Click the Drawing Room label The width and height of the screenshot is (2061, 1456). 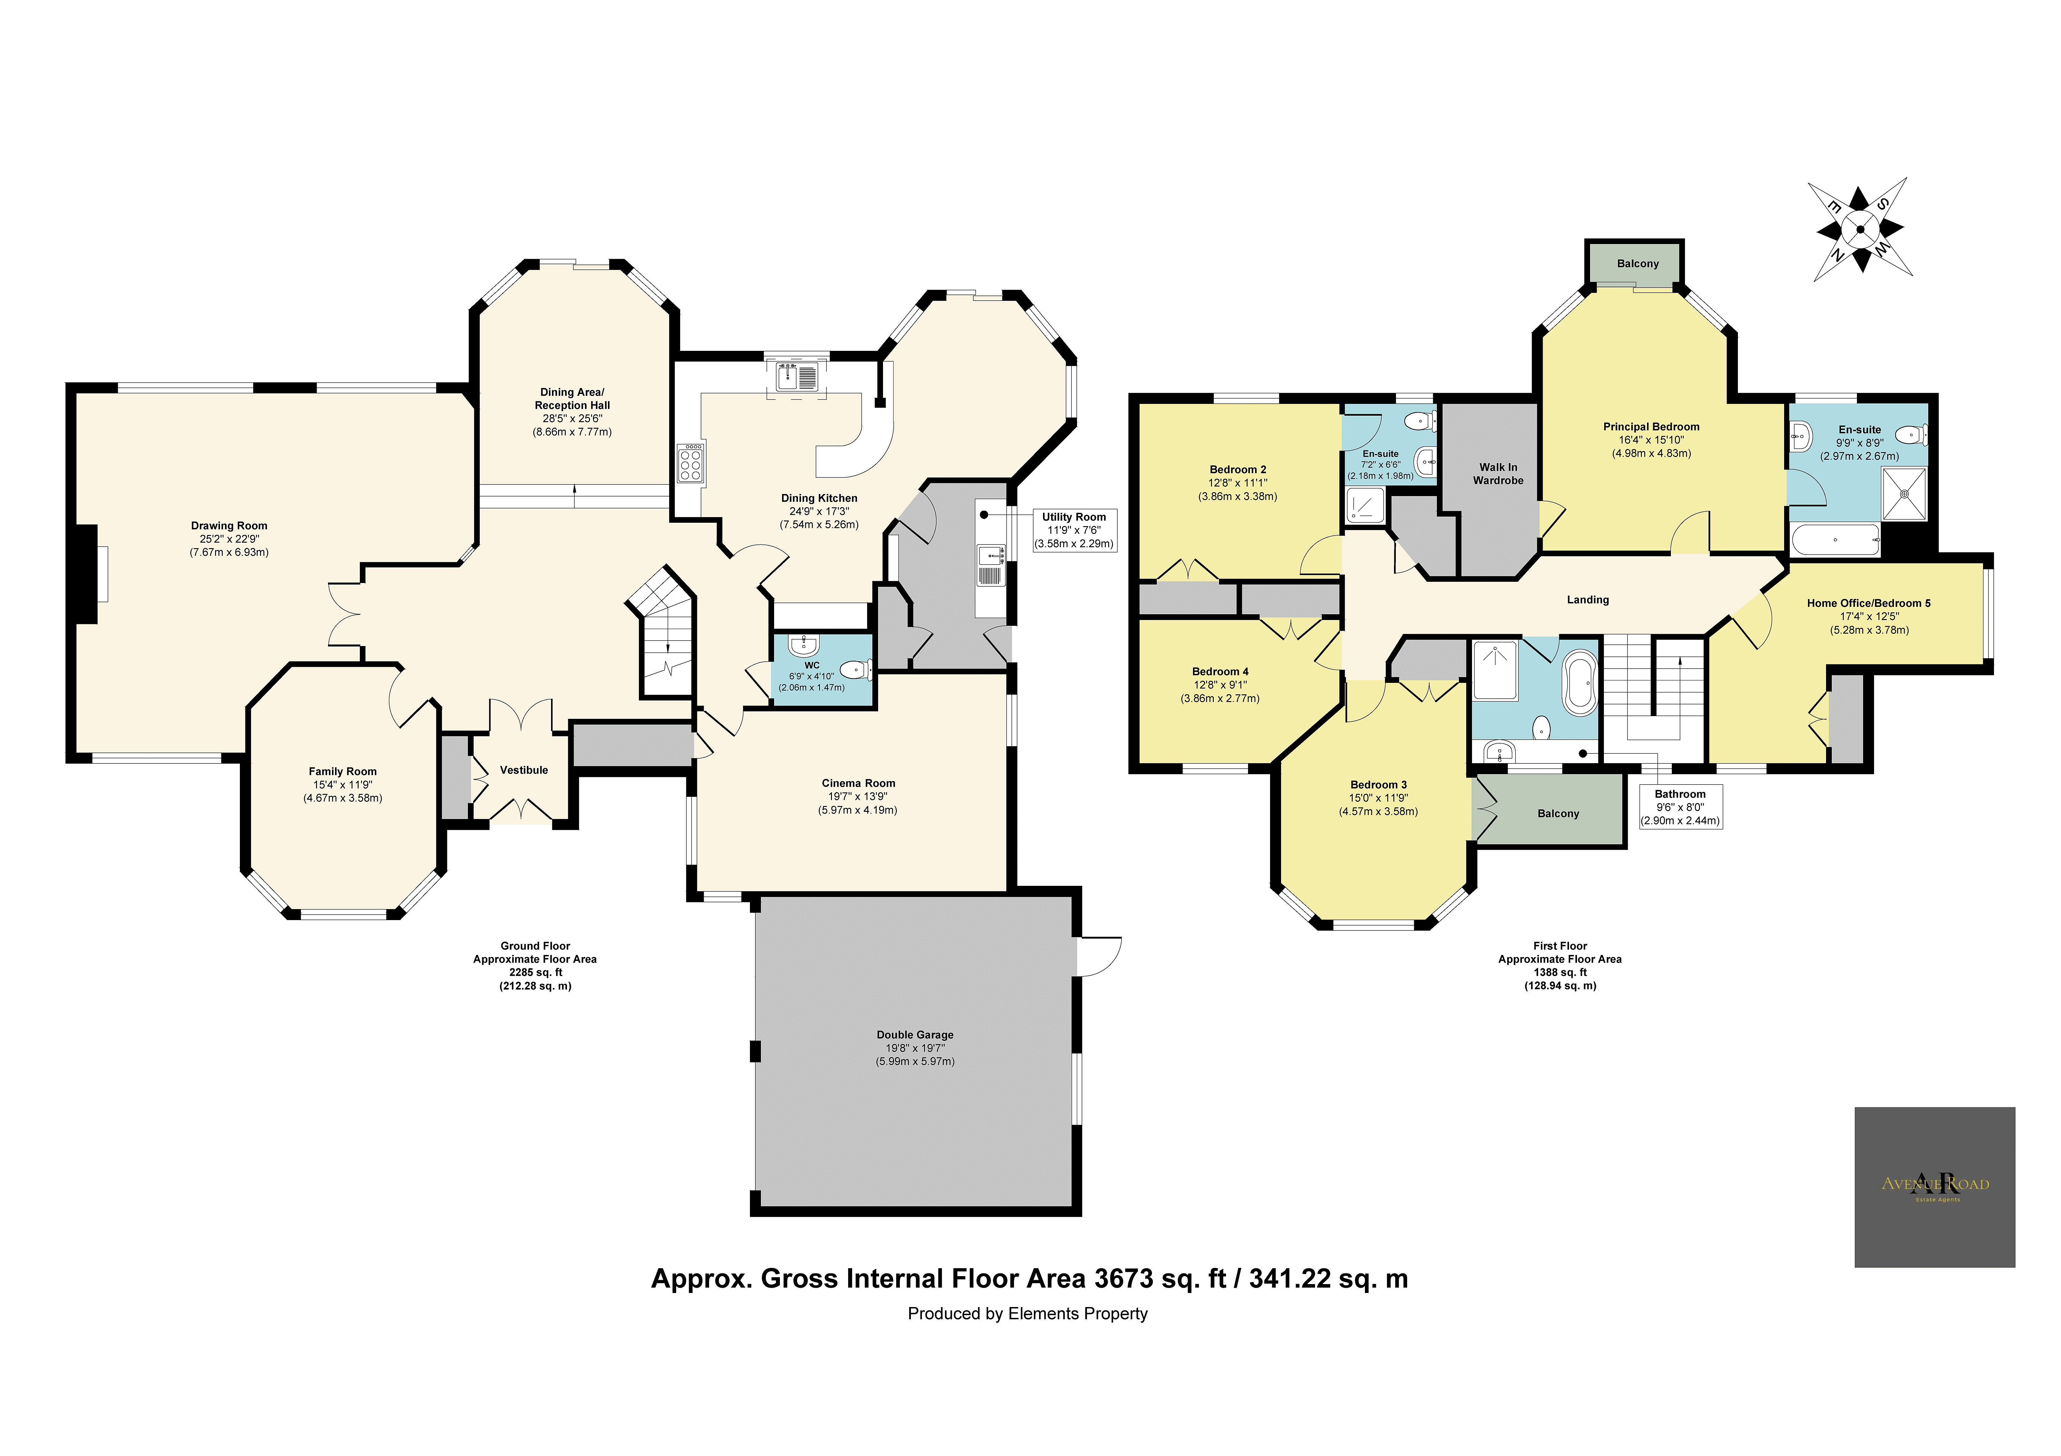tap(229, 526)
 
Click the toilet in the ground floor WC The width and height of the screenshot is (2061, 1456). tap(855, 669)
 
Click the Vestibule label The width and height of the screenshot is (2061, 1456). tap(523, 770)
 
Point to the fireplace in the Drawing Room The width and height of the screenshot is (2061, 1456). tap(87, 574)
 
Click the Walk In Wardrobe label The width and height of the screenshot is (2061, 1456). tap(1498, 474)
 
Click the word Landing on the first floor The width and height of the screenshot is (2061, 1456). tap(1587, 600)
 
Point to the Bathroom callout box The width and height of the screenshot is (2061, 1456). tap(1679, 807)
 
